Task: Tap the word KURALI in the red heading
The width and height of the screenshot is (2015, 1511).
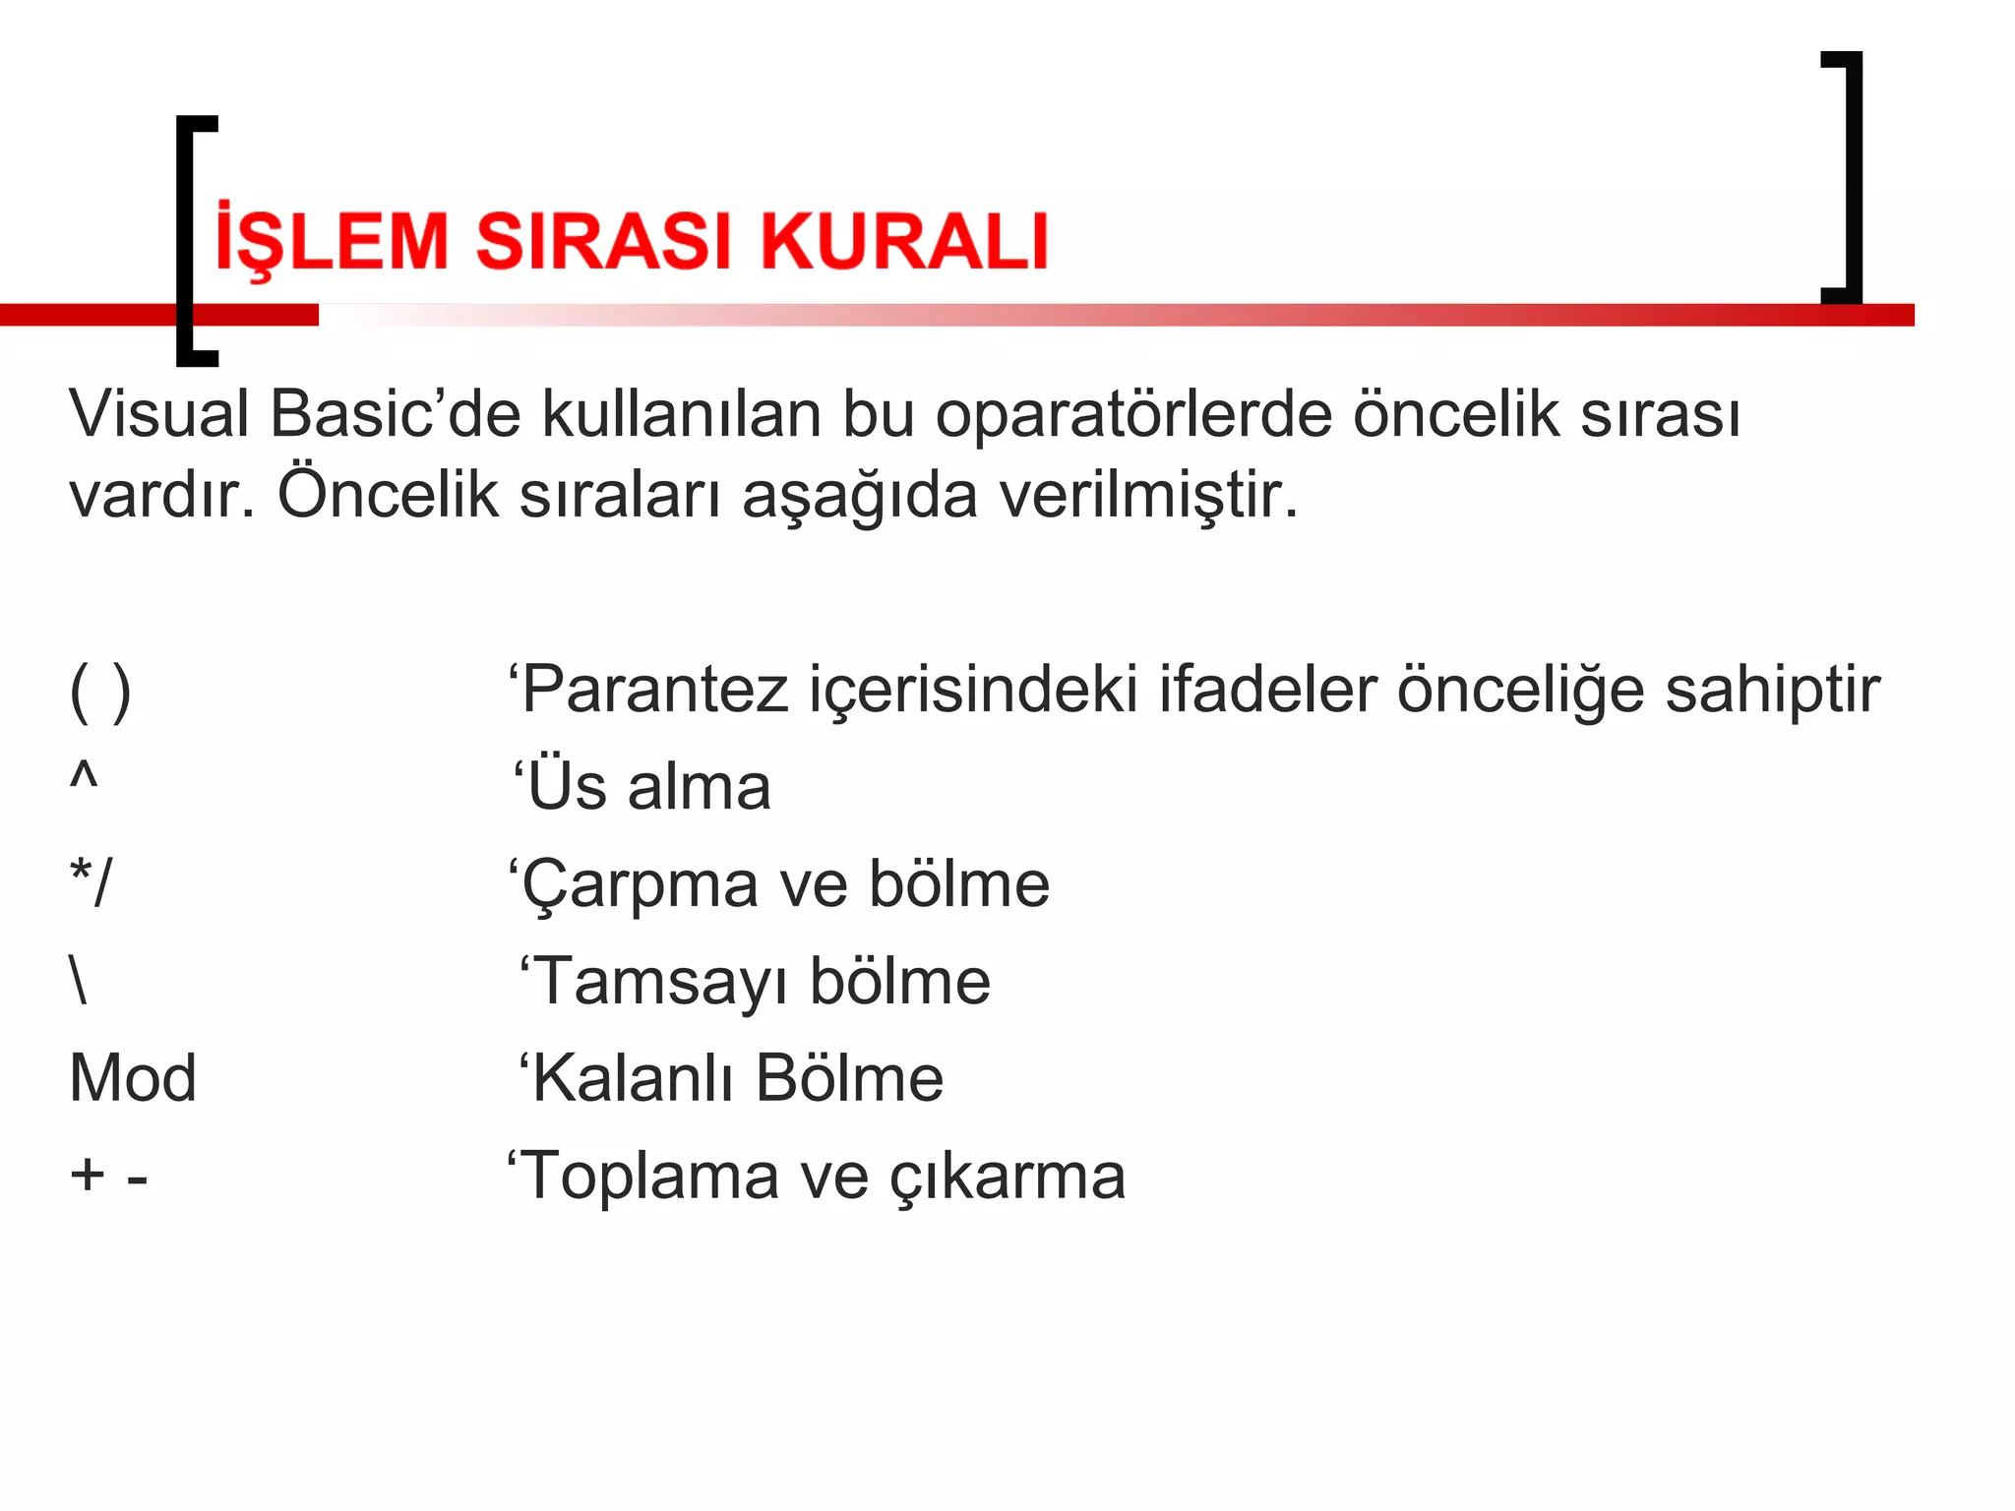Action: (x=904, y=241)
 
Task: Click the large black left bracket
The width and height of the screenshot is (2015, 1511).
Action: (x=186, y=241)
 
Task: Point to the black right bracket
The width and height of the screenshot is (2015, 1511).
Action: (x=1853, y=177)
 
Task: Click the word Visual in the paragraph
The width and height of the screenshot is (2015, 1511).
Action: (x=158, y=413)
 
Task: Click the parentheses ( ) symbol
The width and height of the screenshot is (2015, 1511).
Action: (x=100, y=691)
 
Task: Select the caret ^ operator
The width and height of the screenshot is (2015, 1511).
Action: (x=84, y=775)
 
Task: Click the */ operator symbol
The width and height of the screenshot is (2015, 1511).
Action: (x=92, y=881)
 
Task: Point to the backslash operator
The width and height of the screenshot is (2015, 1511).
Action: (x=80, y=980)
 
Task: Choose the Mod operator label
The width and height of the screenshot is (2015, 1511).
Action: (x=133, y=1078)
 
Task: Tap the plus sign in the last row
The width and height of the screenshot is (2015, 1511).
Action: (x=88, y=1175)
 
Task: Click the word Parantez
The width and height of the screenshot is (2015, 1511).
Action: (x=654, y=690)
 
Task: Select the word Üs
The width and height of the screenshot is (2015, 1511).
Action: (x=568, y=786)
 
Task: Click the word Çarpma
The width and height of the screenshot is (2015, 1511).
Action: (x=640, y=884)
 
